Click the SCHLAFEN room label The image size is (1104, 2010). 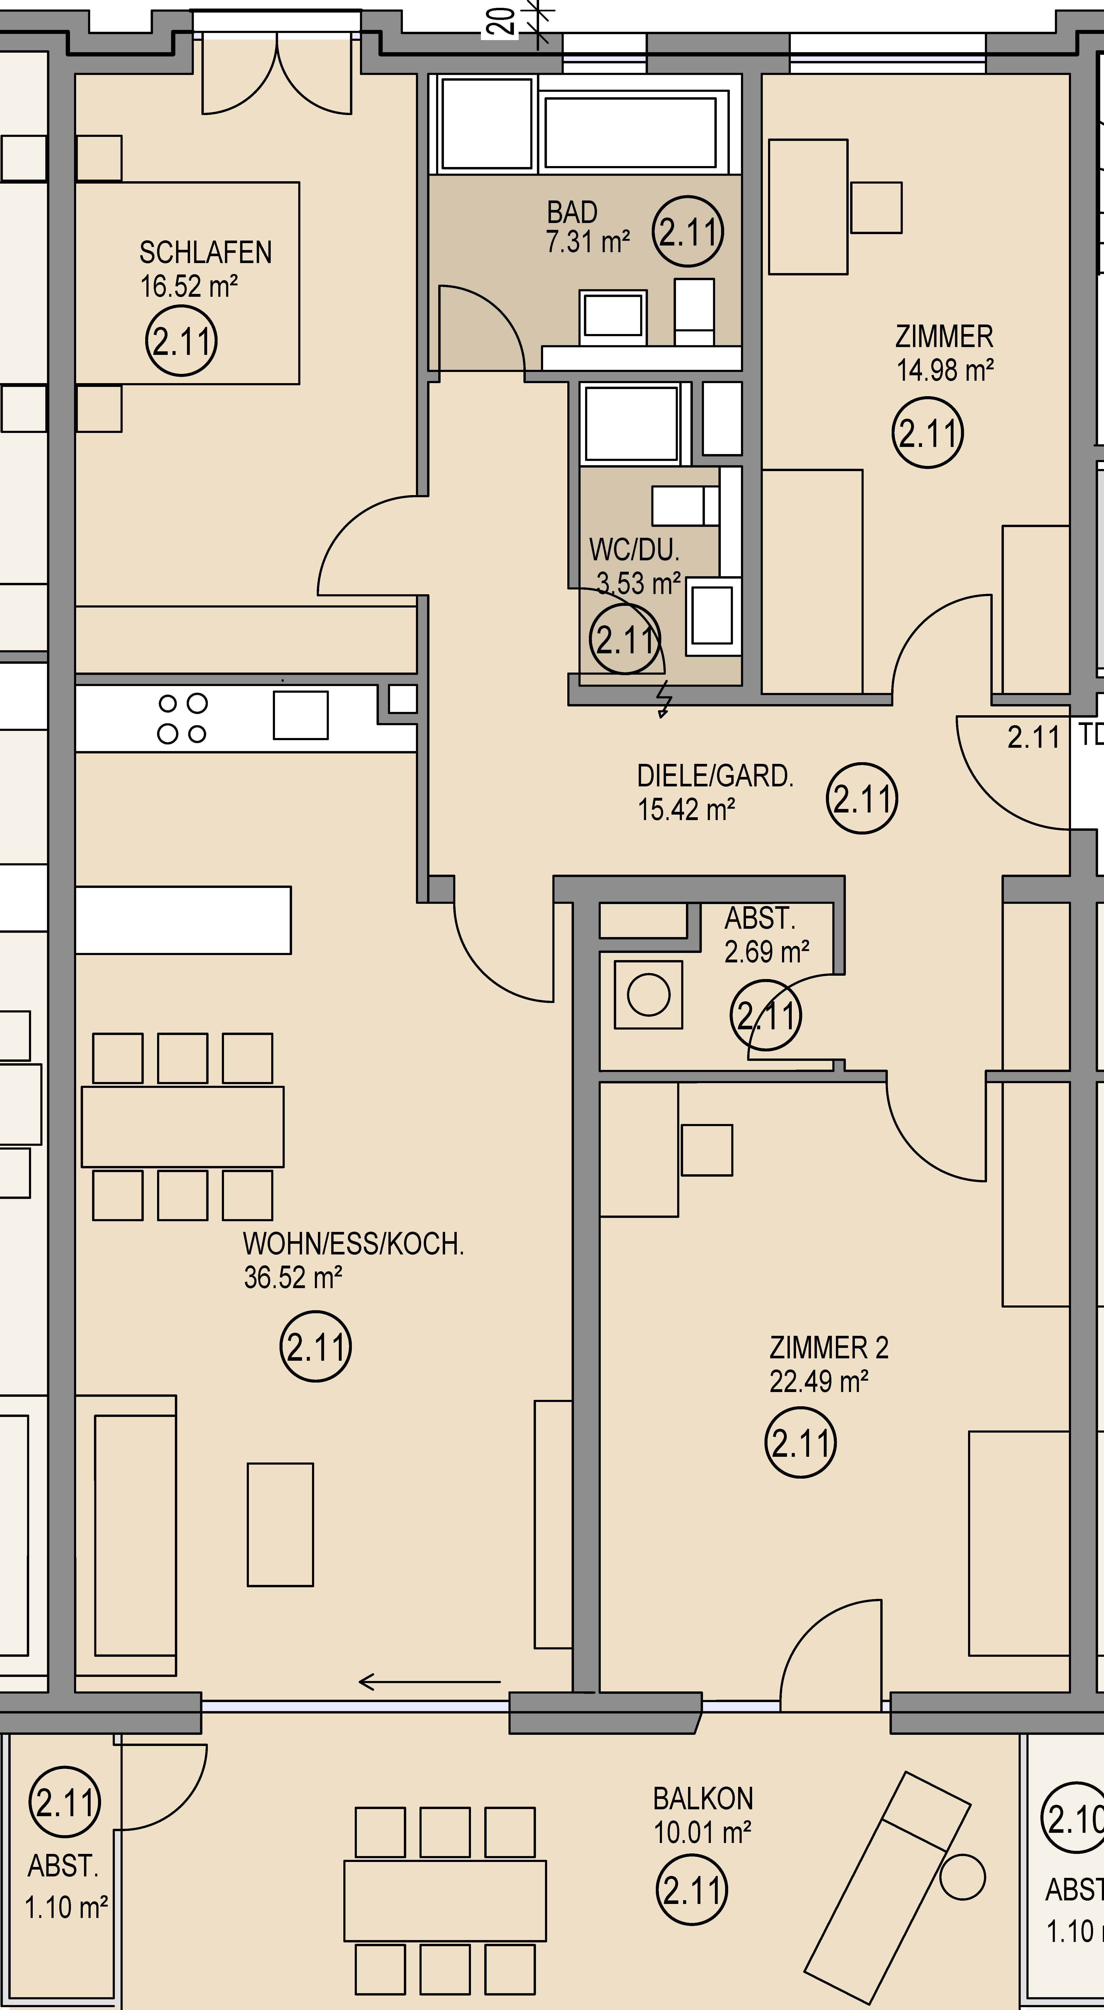tap(205, 253)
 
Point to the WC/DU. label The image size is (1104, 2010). tap(634, 550)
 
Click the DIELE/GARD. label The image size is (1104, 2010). tap(715, 776)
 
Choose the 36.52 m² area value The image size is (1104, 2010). tap(293, 1277)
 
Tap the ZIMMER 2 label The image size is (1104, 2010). tap(829, 1347)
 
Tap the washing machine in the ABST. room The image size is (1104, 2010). tap(648, 995)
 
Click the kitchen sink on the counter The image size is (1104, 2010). tap(300, 715)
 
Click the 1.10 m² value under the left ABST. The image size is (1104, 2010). tap(66, 1908)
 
